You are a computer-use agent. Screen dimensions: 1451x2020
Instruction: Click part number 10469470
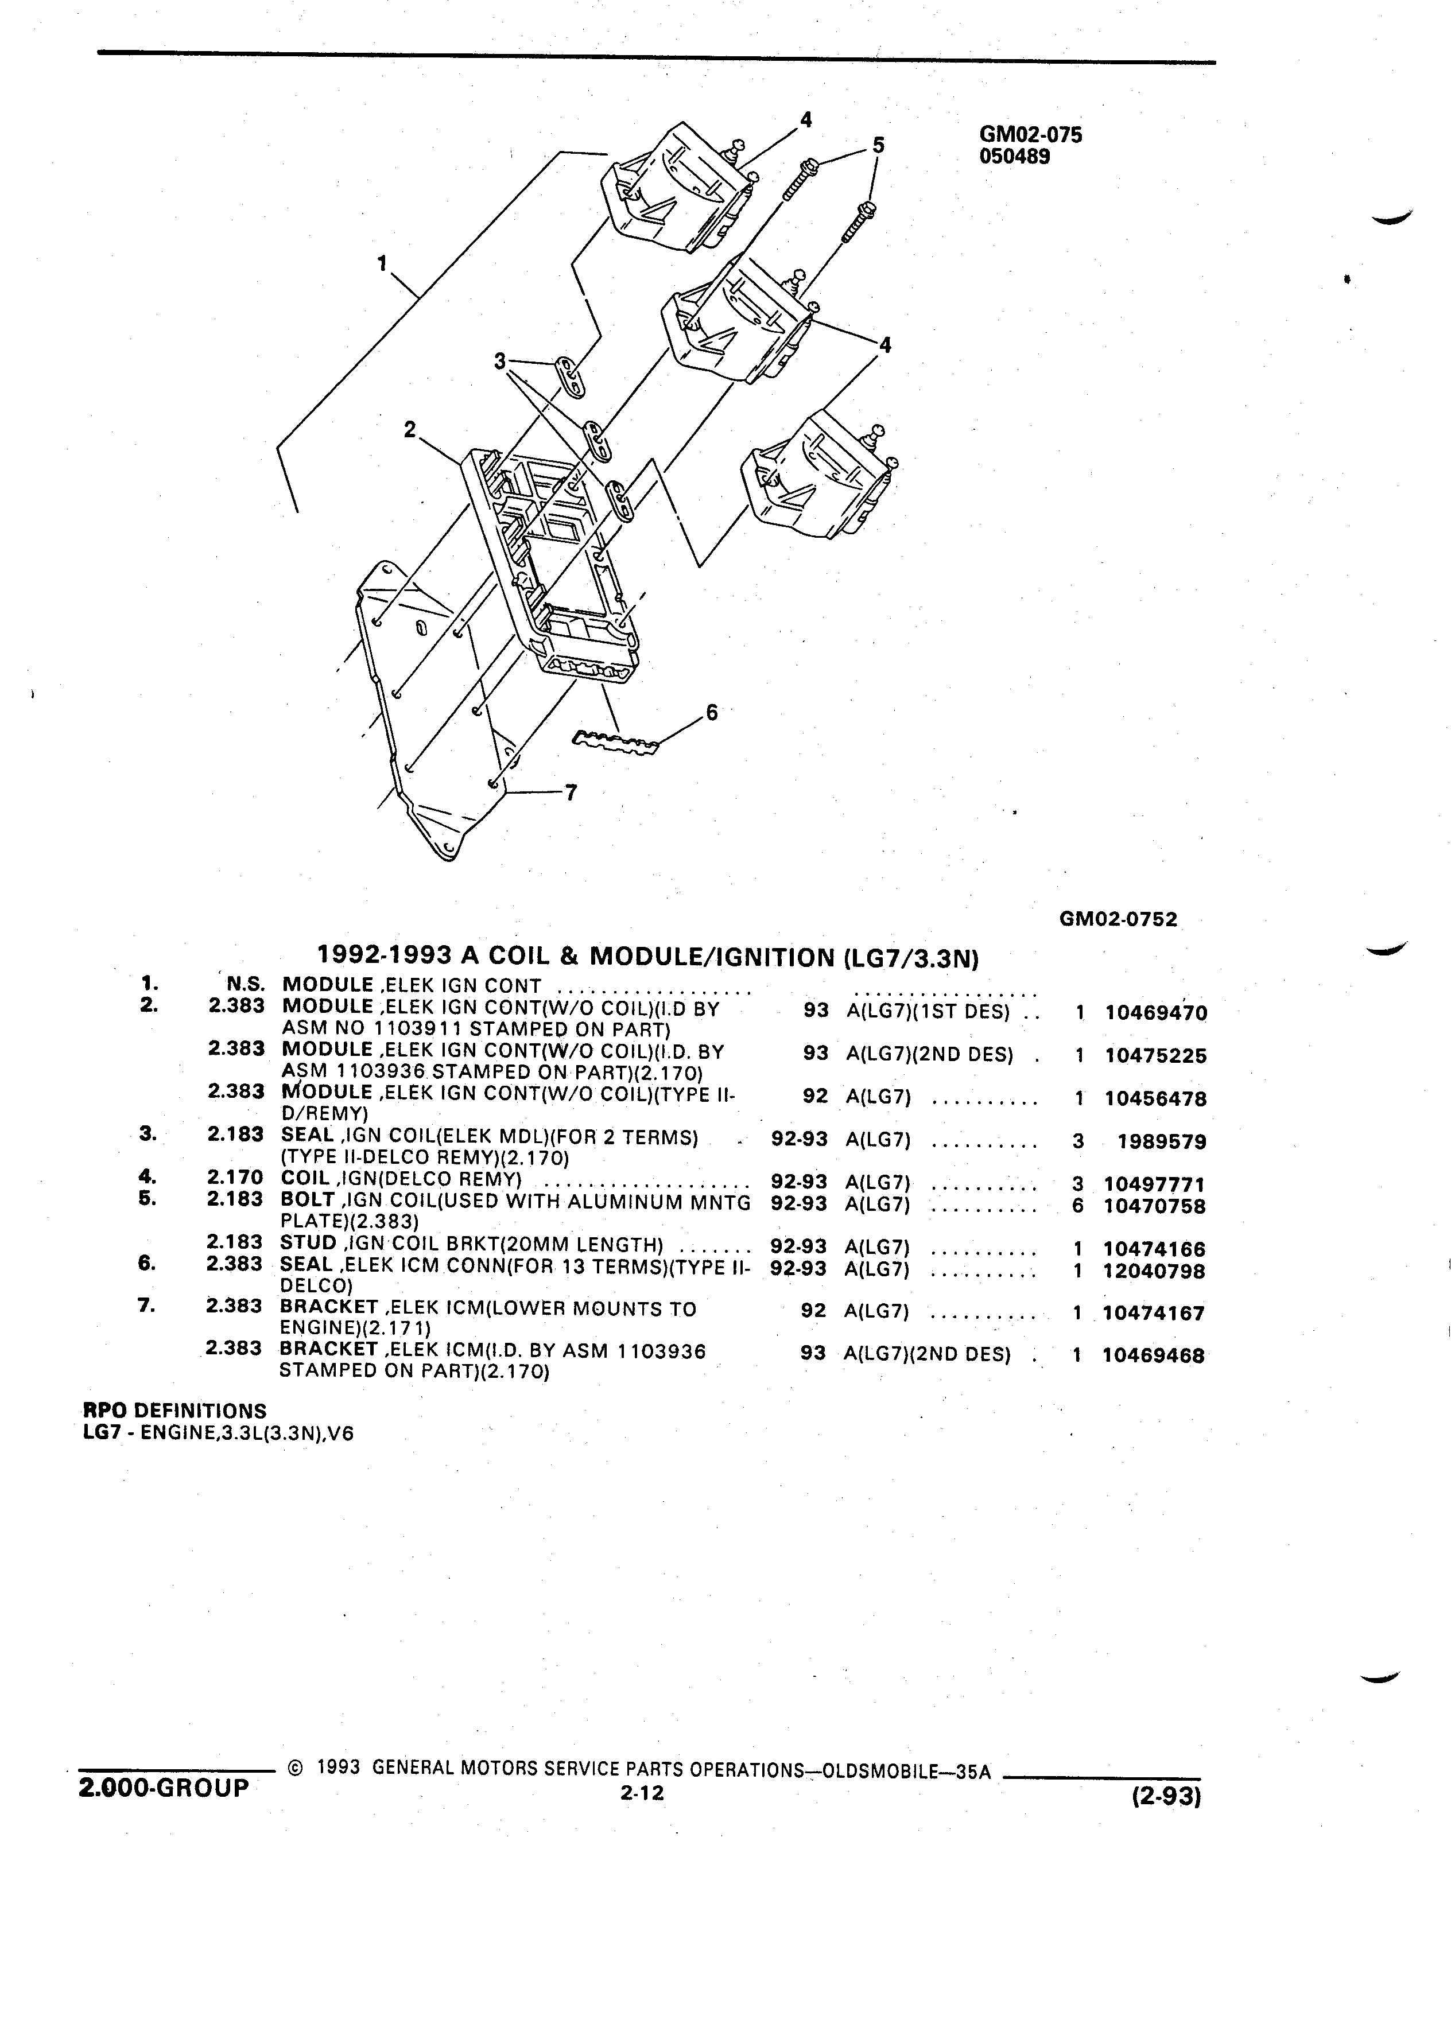coord(1155,1013)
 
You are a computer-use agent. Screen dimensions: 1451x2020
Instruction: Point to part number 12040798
coord(1154,1271)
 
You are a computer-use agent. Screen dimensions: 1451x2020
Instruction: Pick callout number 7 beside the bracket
coord(571,792)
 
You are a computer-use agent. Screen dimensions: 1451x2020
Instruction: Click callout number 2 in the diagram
coord(410,429)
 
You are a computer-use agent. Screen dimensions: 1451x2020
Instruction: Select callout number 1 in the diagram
coord(383,263)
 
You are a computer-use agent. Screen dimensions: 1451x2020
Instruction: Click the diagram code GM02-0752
coord(1118,919)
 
